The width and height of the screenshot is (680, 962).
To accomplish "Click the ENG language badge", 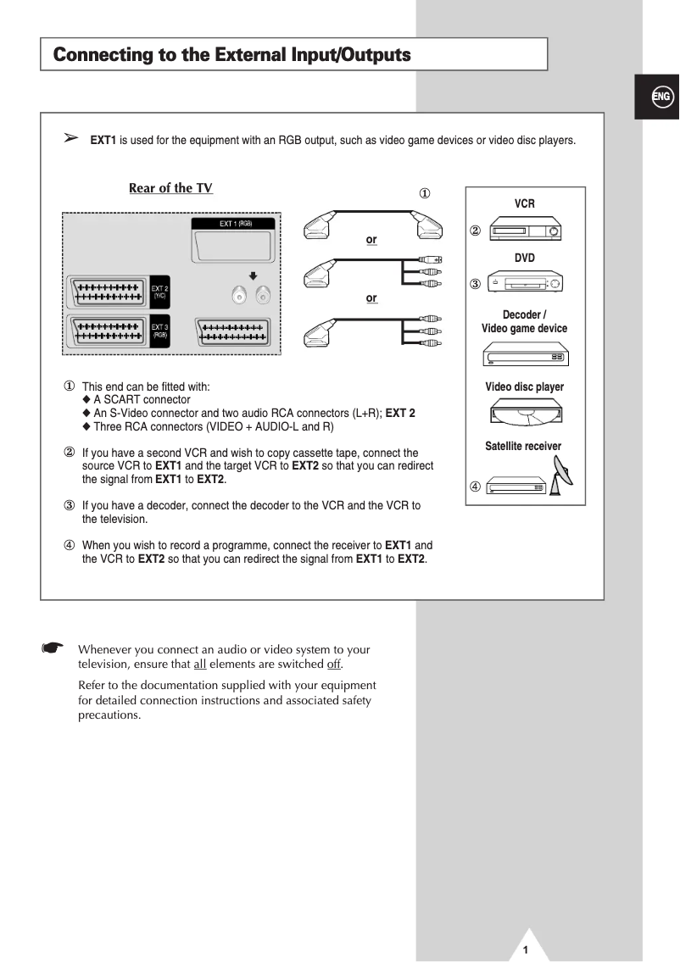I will [x=661, y=97].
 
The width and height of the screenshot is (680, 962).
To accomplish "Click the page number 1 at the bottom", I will [x=526, y=949].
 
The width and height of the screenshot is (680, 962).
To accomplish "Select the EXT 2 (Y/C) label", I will [x=160, y=292].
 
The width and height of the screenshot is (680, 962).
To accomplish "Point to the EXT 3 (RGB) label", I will [x=160, y=330].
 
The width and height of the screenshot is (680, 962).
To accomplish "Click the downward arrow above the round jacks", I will [x=253, y=275].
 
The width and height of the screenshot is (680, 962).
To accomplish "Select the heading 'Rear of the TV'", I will [x=170, y=188].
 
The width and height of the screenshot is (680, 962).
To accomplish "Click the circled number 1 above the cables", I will [x=425, y=193].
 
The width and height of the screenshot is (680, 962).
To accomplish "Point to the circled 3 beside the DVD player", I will [x=475, y=283].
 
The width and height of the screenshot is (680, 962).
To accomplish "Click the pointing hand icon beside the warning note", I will [x=53, y=648].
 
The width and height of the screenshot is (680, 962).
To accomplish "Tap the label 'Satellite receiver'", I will [x=523, y=446].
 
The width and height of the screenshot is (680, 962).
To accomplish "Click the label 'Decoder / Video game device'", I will [x=524, y=321].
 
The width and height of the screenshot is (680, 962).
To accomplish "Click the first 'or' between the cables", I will [x=371, y=240].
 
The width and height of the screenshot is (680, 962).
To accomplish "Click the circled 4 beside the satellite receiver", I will [x=475, y=487].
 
